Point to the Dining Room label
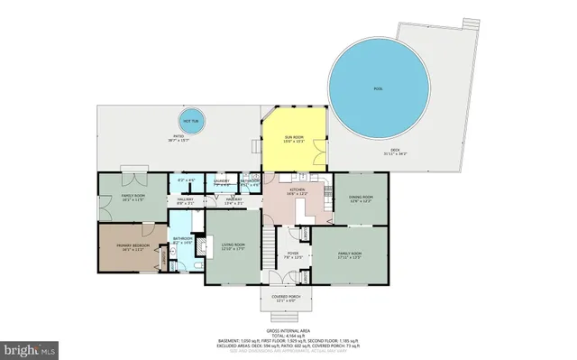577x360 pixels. coord(362,198)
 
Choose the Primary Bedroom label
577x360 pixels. coord(132,246)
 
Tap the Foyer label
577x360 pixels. coord(293,254)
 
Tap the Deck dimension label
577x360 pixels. coord(394,152)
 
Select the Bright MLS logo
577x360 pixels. coord(30,346)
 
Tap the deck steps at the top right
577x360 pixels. coord(470,23)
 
